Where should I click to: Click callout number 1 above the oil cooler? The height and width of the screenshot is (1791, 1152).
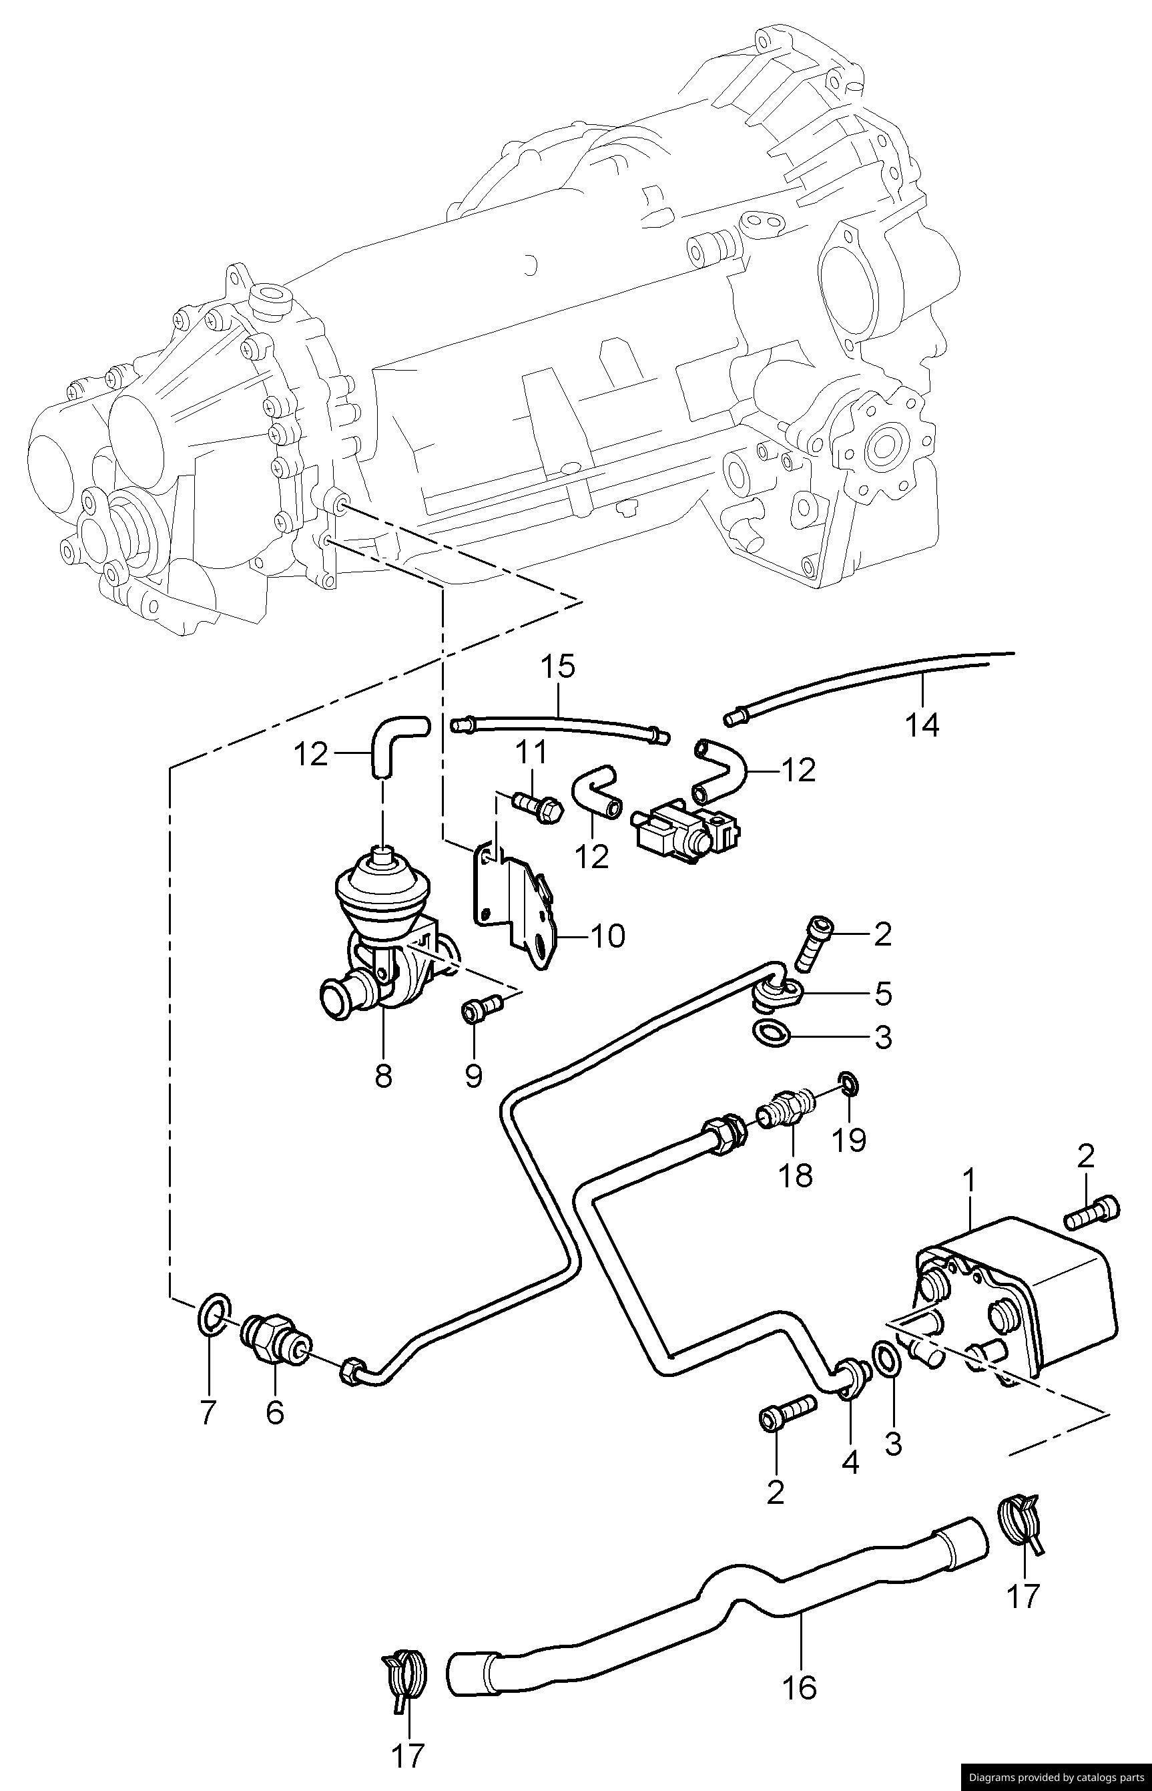point(968,1183)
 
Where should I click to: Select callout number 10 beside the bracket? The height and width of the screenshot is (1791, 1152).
point(607,936)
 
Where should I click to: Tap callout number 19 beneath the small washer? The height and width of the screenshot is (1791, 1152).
point(848,1139)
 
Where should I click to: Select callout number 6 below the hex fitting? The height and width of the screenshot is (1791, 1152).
point(274,1412)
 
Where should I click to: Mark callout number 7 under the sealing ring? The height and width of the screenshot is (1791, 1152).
point(208,1412)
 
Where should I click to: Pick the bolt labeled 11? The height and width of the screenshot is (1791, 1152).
point(534,807)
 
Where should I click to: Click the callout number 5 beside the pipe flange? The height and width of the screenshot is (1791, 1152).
point(883,994)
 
